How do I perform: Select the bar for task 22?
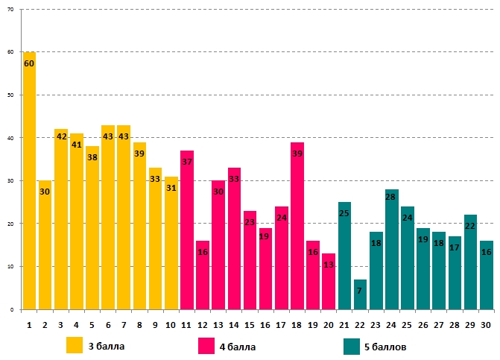coord(360,294)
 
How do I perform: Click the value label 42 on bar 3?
coord(61,136)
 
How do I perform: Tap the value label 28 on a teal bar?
coord(391,197)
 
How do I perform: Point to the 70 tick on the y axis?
coord(11,10)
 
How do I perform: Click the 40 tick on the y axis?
coord(11,138)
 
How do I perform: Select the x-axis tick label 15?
coord(250,325)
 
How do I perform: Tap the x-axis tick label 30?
coord(486,325)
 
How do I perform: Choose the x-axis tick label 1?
coord(29,325)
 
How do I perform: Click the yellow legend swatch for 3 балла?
coord(75,346)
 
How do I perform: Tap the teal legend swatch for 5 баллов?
coord(352,346)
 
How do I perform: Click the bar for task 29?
coord(470,262)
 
